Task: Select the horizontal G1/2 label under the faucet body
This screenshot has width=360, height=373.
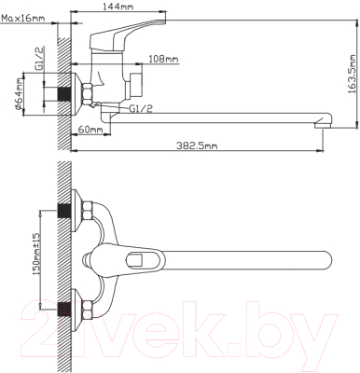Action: click(142, 110)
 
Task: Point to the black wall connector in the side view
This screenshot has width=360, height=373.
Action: click(65, 95)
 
